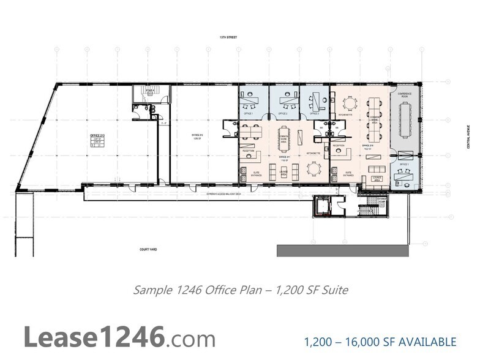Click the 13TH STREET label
click(228, 37)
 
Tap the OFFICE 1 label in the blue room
click(249, 114)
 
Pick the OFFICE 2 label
click(283, 114)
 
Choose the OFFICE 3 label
click(314, 114)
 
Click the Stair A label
click(149, 89)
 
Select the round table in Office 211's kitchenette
click(313, 167)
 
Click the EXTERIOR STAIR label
click(381, 200)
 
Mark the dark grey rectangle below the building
click(343, 250)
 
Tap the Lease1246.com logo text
click(119, 337)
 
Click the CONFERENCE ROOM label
click(405, 94)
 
